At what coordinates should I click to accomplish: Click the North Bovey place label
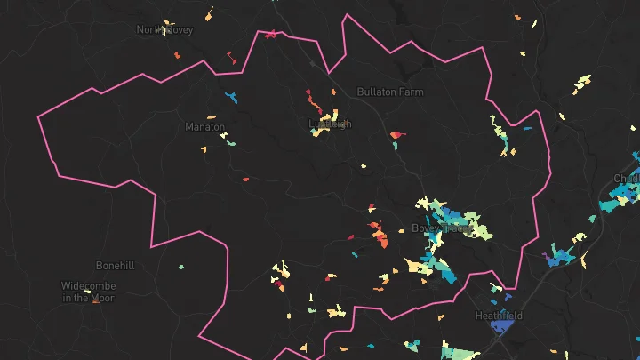click(x=164, y=29)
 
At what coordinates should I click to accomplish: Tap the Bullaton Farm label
click(x=390, y=92)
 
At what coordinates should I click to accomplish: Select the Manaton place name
click(x=204, y=127)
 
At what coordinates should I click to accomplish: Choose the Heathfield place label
click(x=499, y=316)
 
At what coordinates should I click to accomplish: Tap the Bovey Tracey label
click(x=442, y=228)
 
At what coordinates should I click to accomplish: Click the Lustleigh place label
click(x=329, y=124)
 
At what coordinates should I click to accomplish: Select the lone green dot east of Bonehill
click(x=181, y=267)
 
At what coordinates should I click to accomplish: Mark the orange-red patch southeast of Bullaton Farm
click(x=396, y=136)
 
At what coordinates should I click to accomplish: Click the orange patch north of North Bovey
click(x=210, y=14)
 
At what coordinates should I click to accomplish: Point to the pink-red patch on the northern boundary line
click(x=268, y=36)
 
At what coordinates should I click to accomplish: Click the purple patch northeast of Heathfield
click(x=544, y=255)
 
